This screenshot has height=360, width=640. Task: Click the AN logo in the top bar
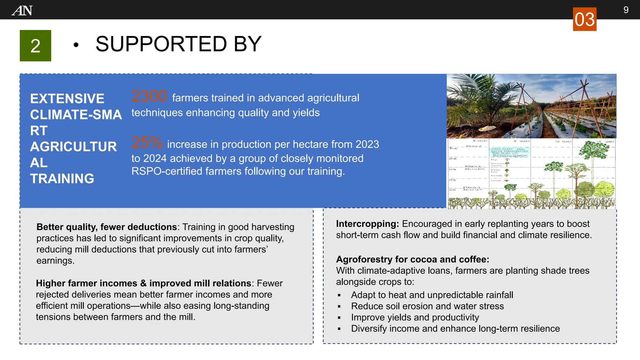click(22, 11)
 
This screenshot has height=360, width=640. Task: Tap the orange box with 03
click(584, 19)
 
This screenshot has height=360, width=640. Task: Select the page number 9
click(626, 10)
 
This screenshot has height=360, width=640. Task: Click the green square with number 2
click(35, 46)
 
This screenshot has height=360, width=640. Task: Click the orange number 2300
click(149, 96)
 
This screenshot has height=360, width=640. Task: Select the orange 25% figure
click(147, 142)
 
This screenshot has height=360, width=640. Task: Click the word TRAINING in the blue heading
click(62, 179)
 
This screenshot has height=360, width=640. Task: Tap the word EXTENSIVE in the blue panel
click(67, 99)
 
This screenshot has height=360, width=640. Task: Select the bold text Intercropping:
click(367, 224)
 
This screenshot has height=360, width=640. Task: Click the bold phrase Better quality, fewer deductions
click(107, 227)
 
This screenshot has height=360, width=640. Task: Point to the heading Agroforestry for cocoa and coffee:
click(412, 259)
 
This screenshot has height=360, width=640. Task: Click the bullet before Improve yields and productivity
click(339, 318)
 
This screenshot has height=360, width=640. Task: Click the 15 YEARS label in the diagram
click(605, 142)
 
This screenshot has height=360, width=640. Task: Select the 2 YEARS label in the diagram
click(480, 141)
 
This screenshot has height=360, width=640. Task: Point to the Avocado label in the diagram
click(496, 176)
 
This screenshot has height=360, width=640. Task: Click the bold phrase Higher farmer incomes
click(86, 283)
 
